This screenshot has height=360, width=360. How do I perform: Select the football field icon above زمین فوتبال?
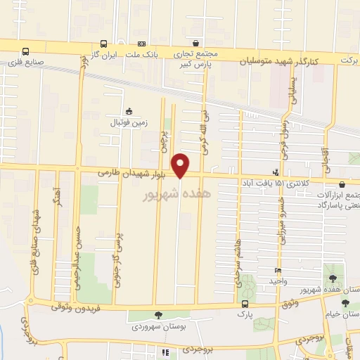coord(128,111)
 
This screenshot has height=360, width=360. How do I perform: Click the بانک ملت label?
coord(142,53)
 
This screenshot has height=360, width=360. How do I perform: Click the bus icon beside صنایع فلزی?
coord(26,51)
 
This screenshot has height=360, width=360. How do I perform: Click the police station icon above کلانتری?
coord(276,172)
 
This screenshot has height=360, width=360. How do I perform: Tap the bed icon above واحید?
coord(278,271)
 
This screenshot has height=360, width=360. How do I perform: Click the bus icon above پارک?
coord(245,304)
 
